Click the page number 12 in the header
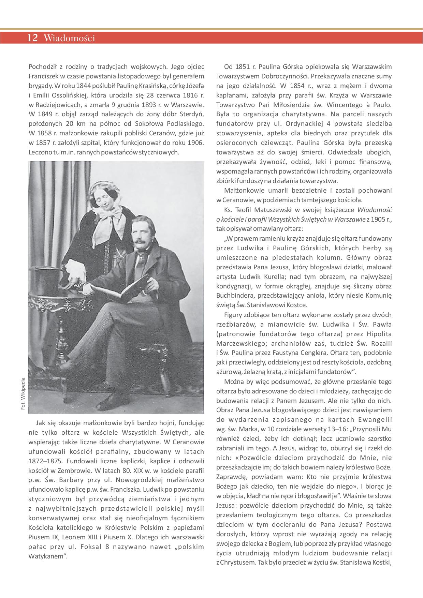[32, 38]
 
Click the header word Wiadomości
[69, 39]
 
